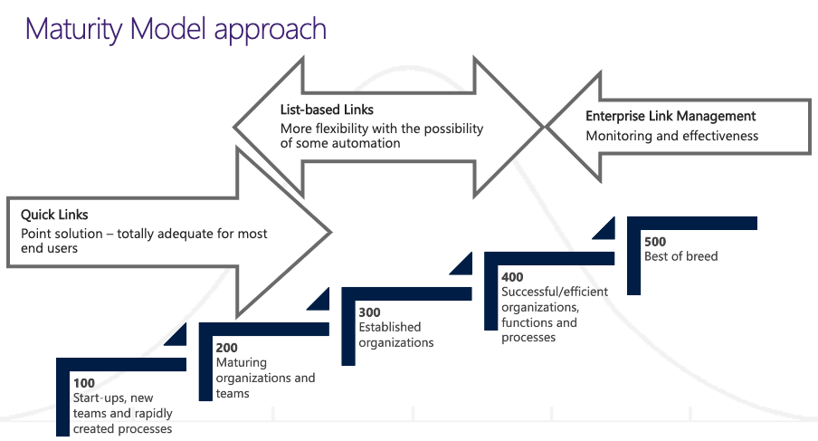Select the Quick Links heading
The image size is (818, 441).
54,216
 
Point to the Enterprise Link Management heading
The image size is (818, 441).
671,116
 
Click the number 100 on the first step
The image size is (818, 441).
84,383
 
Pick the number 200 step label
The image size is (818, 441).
227,347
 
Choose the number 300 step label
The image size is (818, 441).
369,312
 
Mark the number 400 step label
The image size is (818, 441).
512,276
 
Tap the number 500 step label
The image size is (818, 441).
655,242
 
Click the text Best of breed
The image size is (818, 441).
680,256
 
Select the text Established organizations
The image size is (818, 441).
395,334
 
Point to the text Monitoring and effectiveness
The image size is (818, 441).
671,136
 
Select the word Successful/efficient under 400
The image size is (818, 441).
555,292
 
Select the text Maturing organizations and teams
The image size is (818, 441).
265,378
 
